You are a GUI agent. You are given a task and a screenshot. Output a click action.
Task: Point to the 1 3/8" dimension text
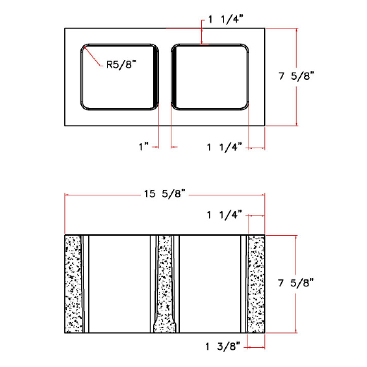(224, 346)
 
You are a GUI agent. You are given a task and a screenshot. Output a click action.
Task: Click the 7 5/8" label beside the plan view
(296, 76)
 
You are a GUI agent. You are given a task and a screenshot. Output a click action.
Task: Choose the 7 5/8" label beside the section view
(296, 283)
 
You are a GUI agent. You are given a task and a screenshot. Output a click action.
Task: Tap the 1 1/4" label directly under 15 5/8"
(224, 214)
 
